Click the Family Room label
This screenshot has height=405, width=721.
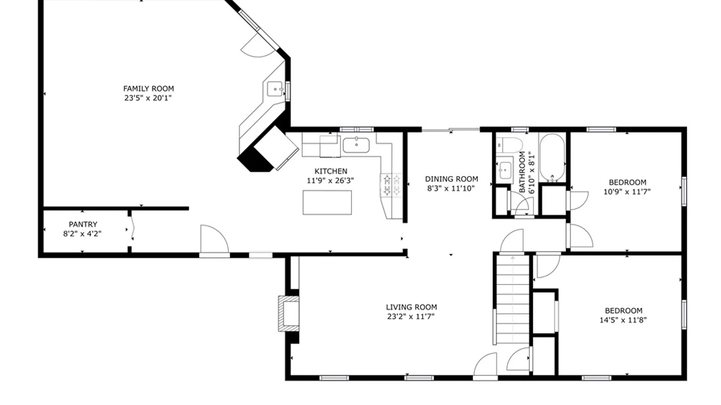point(148,88)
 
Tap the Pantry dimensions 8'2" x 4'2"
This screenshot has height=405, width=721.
point(82,234)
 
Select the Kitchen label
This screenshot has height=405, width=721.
point(331,171)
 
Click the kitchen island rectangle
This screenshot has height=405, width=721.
point(327,202)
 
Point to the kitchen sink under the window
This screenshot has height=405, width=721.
point(356,145)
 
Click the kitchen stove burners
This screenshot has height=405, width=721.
point(391,185)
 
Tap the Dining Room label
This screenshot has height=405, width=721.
point(451,179)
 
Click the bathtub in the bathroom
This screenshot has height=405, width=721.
point(552,157)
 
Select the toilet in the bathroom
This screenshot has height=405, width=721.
point(510,145)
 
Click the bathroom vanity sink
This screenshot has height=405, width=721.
point(505,171)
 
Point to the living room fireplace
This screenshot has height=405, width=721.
point(288,313)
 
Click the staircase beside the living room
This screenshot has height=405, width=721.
point(513,299)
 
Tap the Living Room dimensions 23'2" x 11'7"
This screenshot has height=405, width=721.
point(411,316)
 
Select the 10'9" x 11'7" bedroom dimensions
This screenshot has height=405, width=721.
point(627,192)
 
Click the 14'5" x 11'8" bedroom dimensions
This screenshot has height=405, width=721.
point(623,320)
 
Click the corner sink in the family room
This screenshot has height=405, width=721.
point(276,89)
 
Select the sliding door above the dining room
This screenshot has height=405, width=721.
point(451,130)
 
